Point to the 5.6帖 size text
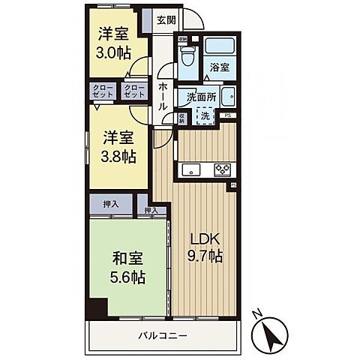point(127,276)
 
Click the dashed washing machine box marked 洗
point(205,115)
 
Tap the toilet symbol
point(187,55)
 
